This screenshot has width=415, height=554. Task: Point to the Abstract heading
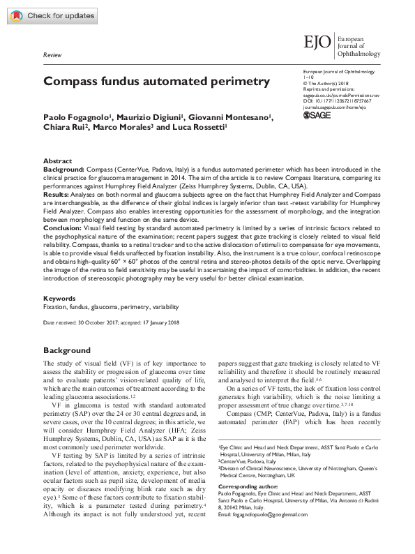coord(57,160)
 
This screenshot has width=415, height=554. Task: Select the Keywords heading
coord(59,298)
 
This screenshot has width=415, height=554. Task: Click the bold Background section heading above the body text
coord(66,350)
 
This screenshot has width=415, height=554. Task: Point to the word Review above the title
coord(52,54)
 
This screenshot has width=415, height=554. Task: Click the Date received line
coord(112,324)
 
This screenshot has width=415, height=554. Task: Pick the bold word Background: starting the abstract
coord(63,169)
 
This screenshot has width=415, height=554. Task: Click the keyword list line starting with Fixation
coord(111,306)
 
